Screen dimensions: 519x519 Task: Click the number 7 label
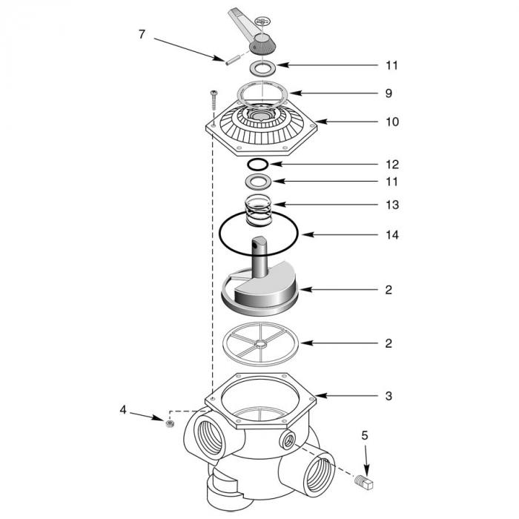click(142, 33)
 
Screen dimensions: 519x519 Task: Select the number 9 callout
click(389, 93)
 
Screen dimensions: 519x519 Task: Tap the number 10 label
click(391, 121)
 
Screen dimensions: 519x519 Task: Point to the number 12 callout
click(391, 164)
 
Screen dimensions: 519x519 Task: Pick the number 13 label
click(391, 204)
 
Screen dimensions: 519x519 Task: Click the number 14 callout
click(391, 235)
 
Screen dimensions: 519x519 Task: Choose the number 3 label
click(389, 396)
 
